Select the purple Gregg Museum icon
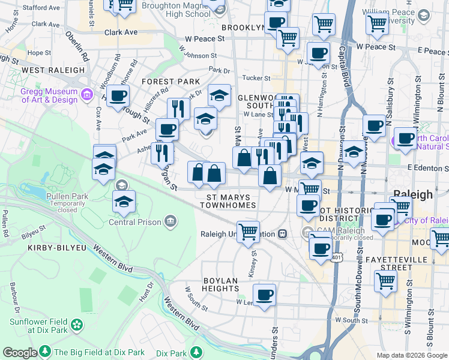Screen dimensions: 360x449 tap(87, 94)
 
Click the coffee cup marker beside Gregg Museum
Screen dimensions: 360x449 tap(118, 95)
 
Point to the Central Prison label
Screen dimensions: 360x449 tap(135, 222)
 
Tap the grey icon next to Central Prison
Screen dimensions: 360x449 tap(171, 222)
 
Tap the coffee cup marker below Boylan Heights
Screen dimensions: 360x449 tap(264, 295)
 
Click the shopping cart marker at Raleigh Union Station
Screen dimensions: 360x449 tap(247, 231)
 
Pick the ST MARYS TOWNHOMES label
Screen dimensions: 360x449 tap(231, 201)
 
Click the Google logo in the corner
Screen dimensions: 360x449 tap(20, 353)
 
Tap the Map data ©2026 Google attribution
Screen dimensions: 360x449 tap(412, 355)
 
